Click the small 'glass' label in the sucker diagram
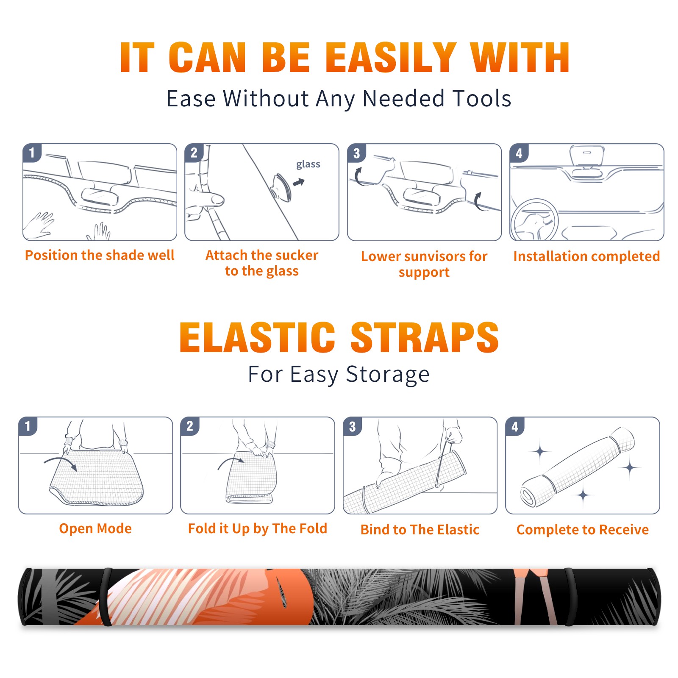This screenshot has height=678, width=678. click(308, 164)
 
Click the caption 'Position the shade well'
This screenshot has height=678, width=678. click(100, 255)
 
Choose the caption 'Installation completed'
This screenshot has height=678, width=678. click(586, 256)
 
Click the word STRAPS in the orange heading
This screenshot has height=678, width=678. click(425, 337)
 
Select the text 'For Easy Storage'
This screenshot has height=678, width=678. click(339, 375)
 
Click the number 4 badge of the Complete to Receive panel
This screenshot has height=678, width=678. click(515, 426)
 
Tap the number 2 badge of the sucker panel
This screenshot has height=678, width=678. click(194, 153)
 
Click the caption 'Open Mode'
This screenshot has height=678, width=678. click(95, 528)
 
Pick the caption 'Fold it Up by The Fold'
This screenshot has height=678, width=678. click(258, 528)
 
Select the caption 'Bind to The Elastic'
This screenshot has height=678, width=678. click(420, 530)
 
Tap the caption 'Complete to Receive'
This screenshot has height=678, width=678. click(583, 530)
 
